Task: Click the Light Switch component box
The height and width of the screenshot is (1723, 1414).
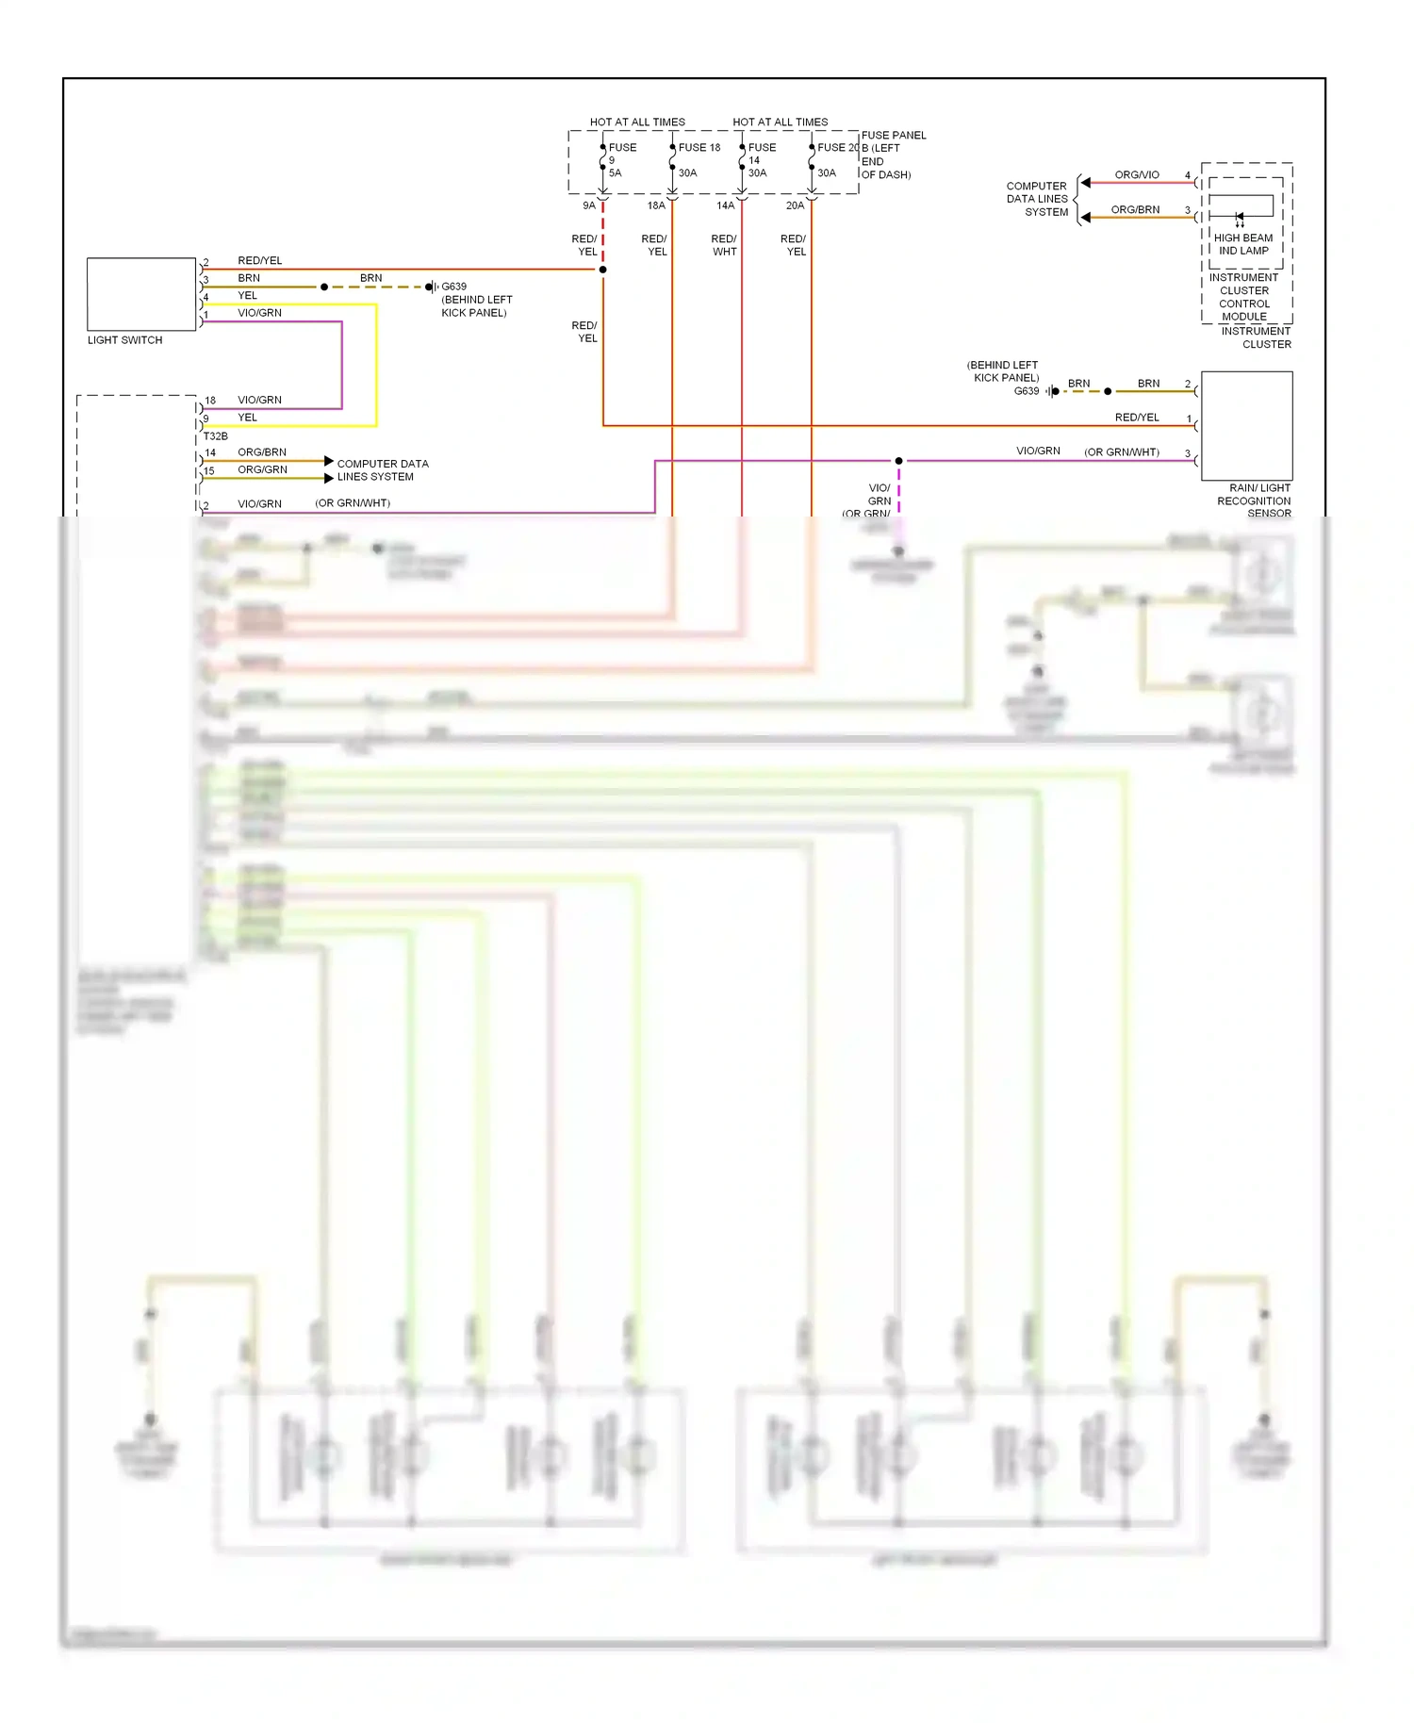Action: (141, 293)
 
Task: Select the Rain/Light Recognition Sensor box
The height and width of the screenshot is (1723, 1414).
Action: (1246, 426)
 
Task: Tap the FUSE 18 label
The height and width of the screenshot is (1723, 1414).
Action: (699, 148)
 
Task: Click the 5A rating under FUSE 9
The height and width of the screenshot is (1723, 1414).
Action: (615, 173)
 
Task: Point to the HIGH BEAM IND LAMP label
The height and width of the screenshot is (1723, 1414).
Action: (1243, 244)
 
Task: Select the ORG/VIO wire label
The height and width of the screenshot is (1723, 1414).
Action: (1137, 175)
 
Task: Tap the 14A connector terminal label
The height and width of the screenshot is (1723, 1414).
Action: (725, 205)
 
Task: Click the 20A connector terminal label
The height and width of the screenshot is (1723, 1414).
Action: (795, 205)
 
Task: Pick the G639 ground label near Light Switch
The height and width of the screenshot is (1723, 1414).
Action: (454, 287)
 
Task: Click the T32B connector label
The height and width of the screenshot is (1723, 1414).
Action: (216, 436)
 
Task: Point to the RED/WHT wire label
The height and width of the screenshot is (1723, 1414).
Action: (724, 245)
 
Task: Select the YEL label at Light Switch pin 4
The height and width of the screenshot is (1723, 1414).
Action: (247, 296)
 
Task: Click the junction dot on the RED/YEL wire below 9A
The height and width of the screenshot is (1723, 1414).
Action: (603, 270)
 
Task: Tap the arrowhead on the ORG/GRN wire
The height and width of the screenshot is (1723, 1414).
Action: (329, 478)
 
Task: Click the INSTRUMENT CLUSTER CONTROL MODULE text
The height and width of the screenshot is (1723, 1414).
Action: (1243, 297)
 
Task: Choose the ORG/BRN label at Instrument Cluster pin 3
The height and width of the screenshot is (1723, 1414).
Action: (1135, 210)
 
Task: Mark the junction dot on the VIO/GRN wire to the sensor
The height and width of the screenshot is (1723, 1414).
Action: (899, 461)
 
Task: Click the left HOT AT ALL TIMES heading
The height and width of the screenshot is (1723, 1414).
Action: (637, 123)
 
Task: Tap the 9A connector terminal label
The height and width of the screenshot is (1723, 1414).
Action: (589, 205)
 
